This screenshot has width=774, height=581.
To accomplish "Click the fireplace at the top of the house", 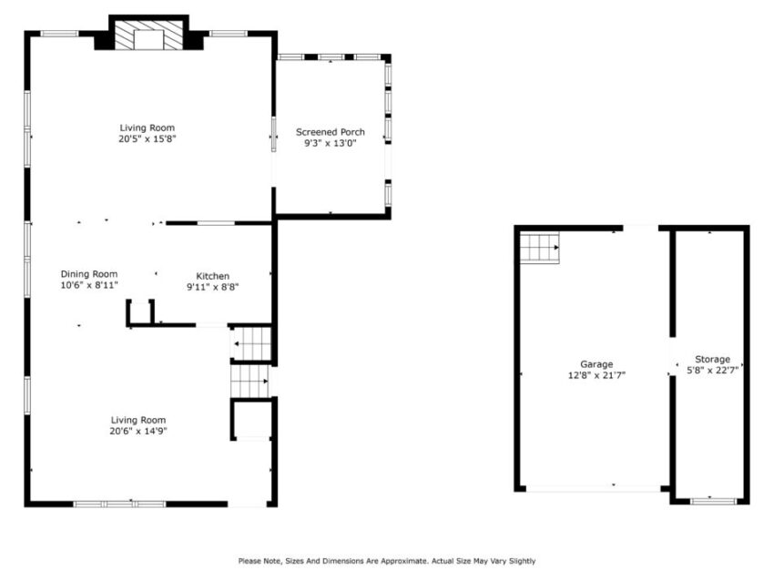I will [148, 37].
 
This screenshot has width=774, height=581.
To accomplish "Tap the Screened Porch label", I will [334, 132].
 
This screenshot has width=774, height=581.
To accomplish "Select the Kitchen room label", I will [213, 276].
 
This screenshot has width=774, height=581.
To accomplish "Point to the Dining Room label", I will [89, 274].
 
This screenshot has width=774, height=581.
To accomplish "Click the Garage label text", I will [596, 364].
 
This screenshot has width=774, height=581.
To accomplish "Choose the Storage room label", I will [712, 360].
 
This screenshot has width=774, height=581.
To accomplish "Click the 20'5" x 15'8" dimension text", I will [147, 139].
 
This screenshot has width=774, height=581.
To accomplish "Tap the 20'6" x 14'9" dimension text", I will [137, 431].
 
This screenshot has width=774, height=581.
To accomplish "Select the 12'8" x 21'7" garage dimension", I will [596, 374].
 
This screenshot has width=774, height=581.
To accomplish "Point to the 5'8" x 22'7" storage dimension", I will [712, 370].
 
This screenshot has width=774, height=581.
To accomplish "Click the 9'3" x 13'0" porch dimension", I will [334, 143].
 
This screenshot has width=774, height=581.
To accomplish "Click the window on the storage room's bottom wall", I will [712, 500].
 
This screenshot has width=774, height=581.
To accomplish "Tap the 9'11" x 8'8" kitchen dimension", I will [213, 287].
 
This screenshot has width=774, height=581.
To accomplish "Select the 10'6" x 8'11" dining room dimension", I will [89, 285].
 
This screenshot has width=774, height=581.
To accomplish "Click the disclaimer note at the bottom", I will [386, 561].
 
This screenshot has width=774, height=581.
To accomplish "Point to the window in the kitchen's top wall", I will [217, 222].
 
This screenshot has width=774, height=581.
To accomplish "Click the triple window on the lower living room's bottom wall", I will [119, 503].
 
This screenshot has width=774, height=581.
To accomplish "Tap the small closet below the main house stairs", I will [252, 420].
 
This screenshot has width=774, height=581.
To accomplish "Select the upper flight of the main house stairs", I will [251, 344].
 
